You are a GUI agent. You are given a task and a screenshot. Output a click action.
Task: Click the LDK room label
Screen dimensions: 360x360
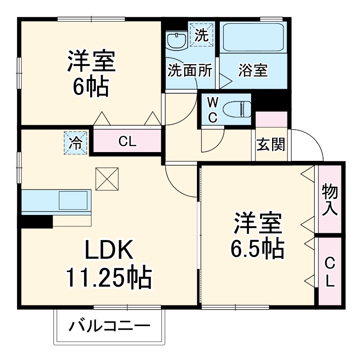pyautogui.click(x=109, y=251)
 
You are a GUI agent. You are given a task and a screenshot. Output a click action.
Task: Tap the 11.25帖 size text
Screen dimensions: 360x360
pyautogui.click(x=109, y=277)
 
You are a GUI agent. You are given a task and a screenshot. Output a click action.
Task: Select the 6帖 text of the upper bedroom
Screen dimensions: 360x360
pyautogui.click(x=91, y=87)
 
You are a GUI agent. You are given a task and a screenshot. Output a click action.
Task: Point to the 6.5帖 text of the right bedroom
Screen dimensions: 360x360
pyautogui.click(x=257, y=250)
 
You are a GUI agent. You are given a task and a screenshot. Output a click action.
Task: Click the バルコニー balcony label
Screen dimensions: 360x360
pyautogui.click(x=109, y=326)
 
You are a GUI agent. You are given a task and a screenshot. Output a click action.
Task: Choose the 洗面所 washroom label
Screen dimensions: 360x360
pyautogui.click(x=190, y=70)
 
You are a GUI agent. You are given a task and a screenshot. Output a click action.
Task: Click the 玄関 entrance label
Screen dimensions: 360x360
pyautogui.click(x=270, y=145)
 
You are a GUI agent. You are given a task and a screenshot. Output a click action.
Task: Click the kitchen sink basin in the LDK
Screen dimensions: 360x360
pyautogui.click(x=73, y=200)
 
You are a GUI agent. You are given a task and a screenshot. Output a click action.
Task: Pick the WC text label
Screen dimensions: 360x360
pyautogui.click(x=212, y=110)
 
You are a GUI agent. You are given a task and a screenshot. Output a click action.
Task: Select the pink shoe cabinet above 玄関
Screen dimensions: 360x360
pyautogui.click(x=271, y=119)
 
